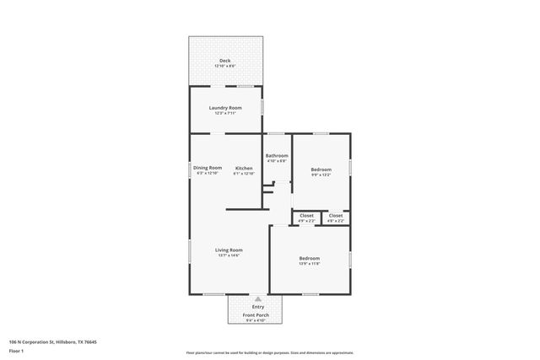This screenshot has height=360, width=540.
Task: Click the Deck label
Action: point(224,61)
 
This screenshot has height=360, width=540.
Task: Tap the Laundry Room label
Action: point(225,108)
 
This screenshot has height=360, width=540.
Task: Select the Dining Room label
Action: point(208,168)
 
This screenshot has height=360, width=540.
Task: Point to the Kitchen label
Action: point(244,168)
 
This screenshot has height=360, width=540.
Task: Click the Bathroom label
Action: point(277,155)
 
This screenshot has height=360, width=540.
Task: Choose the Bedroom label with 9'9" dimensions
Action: point(321,169)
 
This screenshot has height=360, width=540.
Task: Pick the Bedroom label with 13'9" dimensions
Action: point(309,258)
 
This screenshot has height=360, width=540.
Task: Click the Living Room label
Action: point(229,250)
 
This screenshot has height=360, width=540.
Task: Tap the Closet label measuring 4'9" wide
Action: point(306,216)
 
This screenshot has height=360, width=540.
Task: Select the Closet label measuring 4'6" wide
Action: point(336,216)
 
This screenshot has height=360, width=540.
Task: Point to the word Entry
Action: point(258,307)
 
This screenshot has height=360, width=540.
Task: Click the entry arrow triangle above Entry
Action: point(258,299)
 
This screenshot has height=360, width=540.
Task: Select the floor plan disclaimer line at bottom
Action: point(269,352)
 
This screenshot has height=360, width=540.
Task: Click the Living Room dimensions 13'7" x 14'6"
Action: point(229,255)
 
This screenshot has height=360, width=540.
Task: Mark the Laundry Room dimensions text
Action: point(225,114)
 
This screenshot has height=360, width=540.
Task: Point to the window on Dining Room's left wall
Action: point(189,169)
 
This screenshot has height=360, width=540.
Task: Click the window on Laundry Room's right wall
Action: point(262,107)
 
